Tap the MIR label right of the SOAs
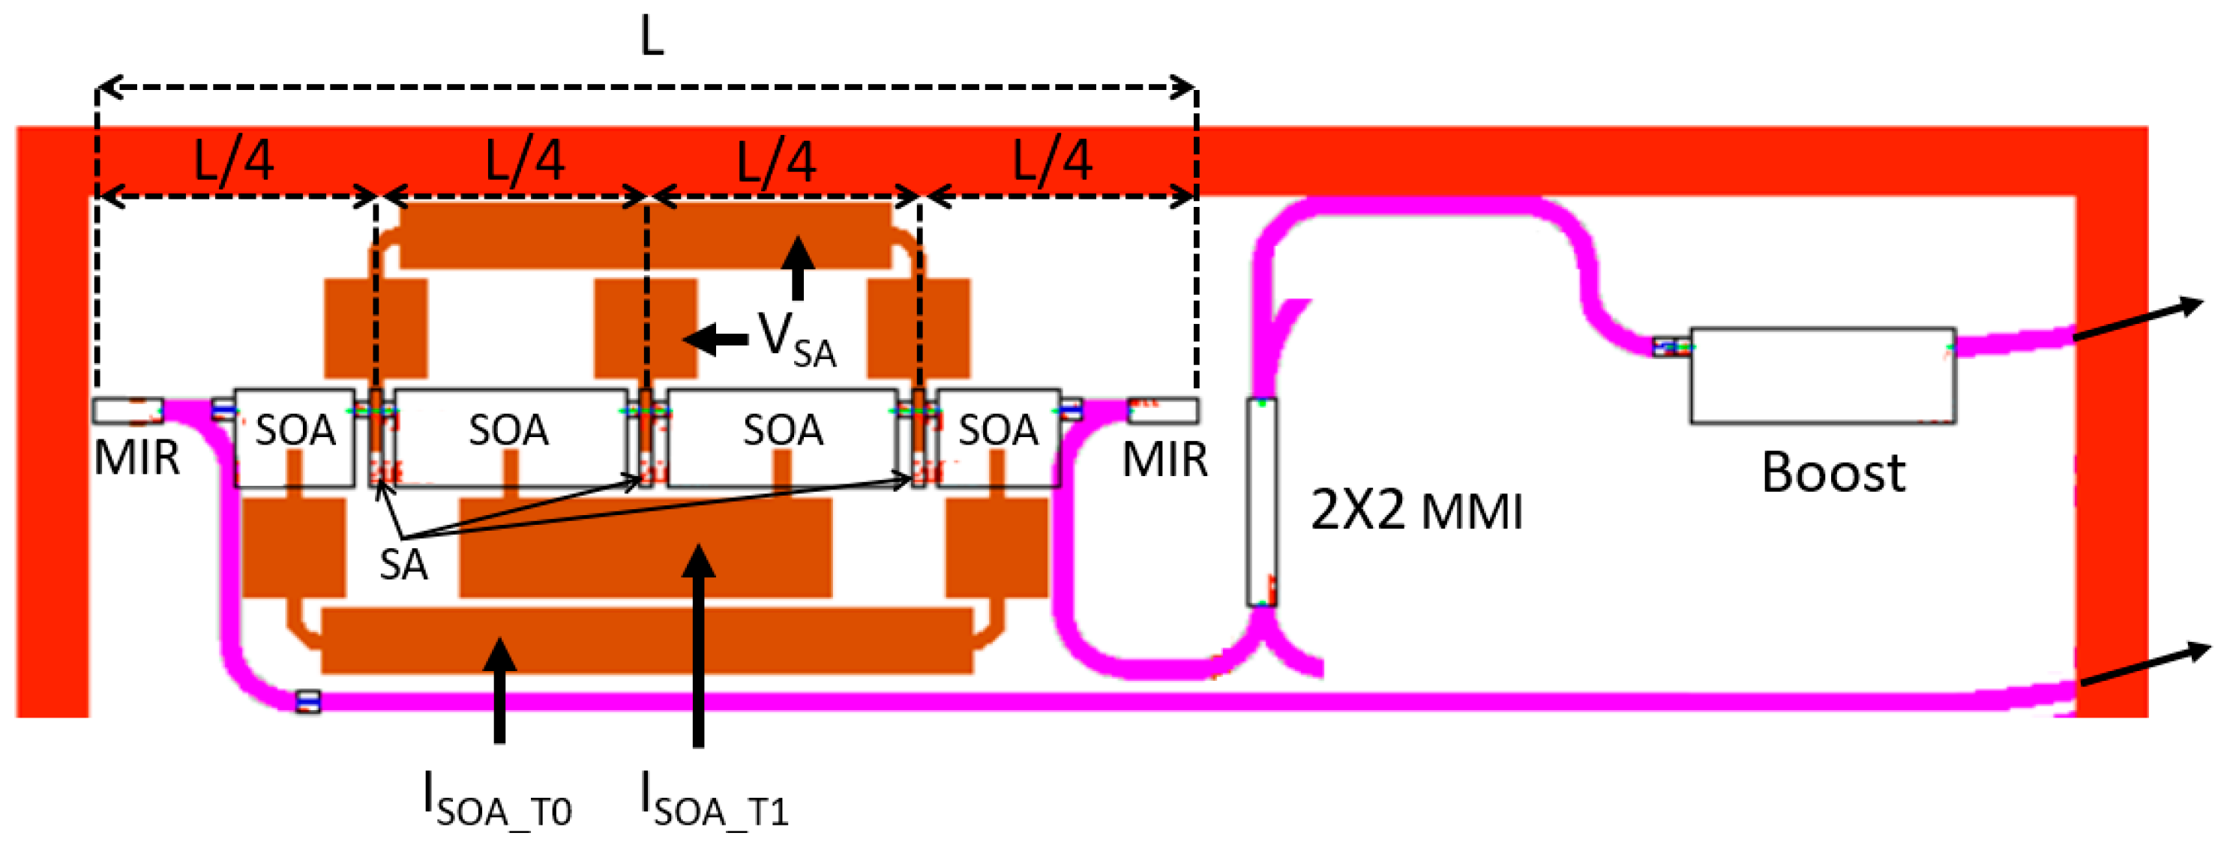click(1164, 459)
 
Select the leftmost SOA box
click(295, 437)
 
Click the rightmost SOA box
click(998, 437)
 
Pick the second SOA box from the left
click(509, 437)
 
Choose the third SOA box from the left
click(782, 437)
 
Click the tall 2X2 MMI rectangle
click(1261, 502)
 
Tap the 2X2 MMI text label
click(1416, 511)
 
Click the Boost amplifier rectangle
click(1821, 375)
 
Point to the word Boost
click(1832, 473)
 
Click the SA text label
click(403, 565)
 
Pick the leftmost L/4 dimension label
click(233, 160)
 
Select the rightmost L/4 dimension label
click(1051, 160)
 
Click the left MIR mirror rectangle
click(127, 410)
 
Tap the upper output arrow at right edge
click(2138, 319)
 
